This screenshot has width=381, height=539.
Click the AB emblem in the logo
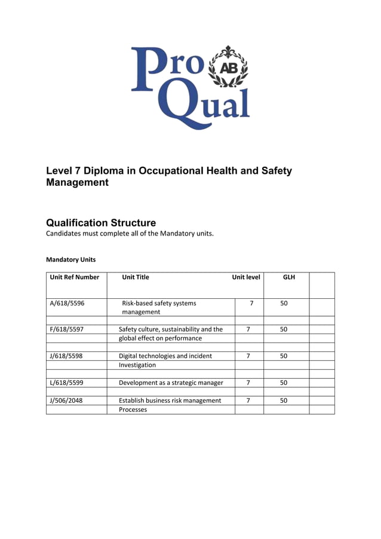point(228,68)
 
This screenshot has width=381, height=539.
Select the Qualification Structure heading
point(101,223)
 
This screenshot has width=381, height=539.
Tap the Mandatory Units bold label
point(70,260)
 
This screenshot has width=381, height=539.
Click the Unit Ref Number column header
point(75,277)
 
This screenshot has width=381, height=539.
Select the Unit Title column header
point(136,277)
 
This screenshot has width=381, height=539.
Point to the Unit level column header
point(246,277)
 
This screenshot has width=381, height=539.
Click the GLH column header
point(288,277)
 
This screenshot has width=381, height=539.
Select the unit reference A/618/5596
point(67,303)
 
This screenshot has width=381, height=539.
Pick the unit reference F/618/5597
point(67,329)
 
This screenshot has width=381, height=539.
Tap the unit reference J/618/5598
point(67,356)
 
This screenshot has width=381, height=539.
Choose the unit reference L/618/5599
point(67,382)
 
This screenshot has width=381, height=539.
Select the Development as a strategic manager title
point(171,382)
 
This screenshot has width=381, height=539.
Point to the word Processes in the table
point(133,410)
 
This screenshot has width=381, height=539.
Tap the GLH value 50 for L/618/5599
point(284,382)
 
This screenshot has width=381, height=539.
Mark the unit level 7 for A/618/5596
point(251,303)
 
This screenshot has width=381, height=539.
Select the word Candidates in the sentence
point(65,234)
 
